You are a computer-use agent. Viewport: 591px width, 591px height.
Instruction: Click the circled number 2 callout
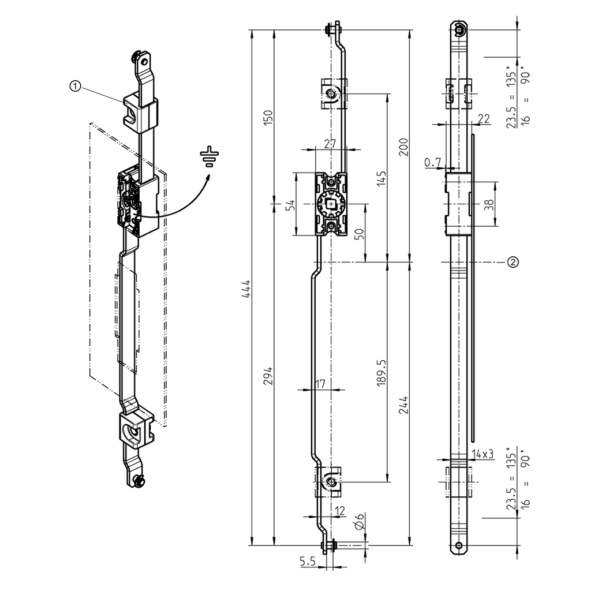513,262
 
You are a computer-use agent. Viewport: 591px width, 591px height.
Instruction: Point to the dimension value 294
267,376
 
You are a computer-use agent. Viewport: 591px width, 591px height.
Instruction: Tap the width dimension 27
330,144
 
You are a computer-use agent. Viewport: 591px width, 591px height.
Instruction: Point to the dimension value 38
489,205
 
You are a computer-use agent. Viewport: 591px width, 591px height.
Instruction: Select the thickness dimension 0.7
432,163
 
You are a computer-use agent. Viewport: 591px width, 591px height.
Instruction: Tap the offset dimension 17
321,383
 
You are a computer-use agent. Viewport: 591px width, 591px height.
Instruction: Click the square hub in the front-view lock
330,204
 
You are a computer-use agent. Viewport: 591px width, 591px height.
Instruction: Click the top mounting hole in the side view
459,31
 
